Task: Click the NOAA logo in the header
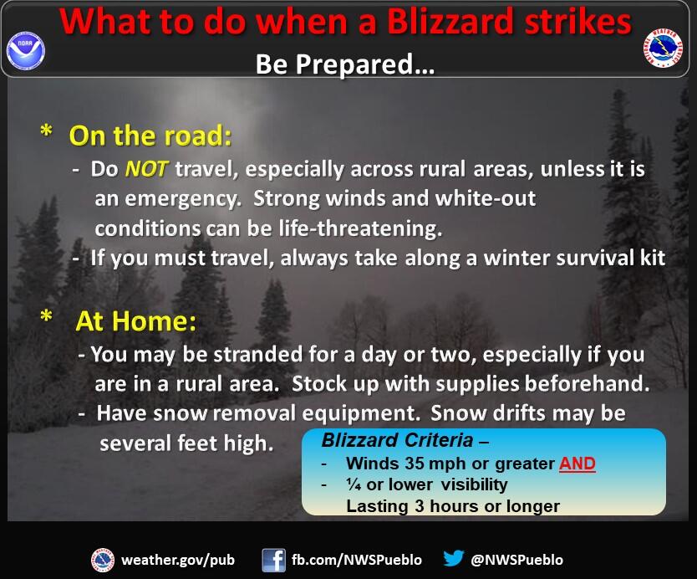pos(26,50)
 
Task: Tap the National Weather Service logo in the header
pos(663,48)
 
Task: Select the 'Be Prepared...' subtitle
pos(345,64)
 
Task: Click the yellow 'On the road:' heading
pos(150,136)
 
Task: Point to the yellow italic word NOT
pos(146,169)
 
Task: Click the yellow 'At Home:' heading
pos(135,320)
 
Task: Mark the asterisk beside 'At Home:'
pos(46,316)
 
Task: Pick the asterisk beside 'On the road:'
pos(46,131)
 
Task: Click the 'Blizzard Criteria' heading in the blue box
pos(397,440)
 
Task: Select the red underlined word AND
pos(577,464)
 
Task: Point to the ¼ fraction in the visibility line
pos(354,484)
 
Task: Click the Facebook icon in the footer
pos(273,560)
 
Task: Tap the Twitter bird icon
pos(454,559)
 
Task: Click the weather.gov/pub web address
pos(178,560)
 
